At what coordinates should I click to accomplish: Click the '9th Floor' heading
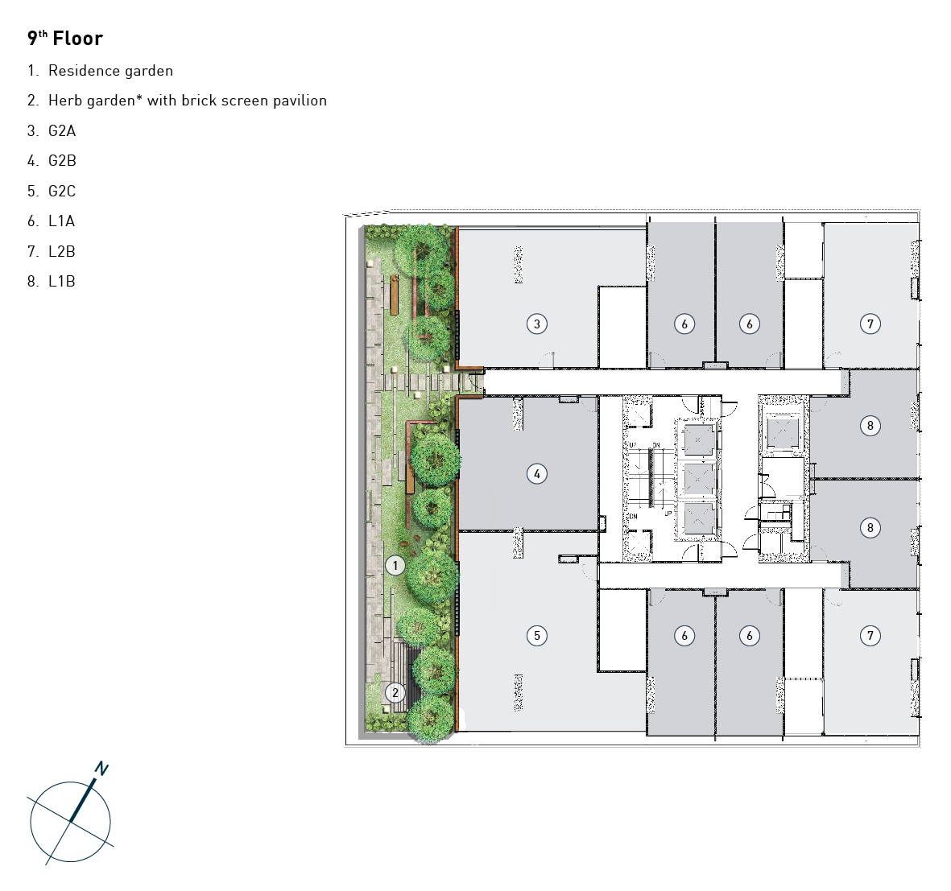[65, 38]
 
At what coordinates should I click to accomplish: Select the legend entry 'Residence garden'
[110, 71]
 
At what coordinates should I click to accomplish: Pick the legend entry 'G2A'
[62, 131]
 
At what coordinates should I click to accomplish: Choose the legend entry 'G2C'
[62, 191]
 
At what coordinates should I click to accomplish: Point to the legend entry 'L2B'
[62, 251]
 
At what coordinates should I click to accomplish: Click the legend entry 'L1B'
[62, 281]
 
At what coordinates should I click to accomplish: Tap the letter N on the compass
[101, 769]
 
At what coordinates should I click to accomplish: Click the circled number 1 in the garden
[395, 566]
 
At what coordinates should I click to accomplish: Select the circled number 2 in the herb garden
[395, 692]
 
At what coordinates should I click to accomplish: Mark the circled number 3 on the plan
[537, 324]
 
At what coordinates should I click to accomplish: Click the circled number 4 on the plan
[537, 473]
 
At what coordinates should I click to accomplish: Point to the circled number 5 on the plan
[537, 635]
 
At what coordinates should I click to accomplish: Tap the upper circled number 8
[870, 426]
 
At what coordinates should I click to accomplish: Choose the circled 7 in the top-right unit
[870, 324]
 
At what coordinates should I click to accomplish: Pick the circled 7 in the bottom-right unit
[870, 635]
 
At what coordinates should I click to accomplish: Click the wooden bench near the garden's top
[395, 295]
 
